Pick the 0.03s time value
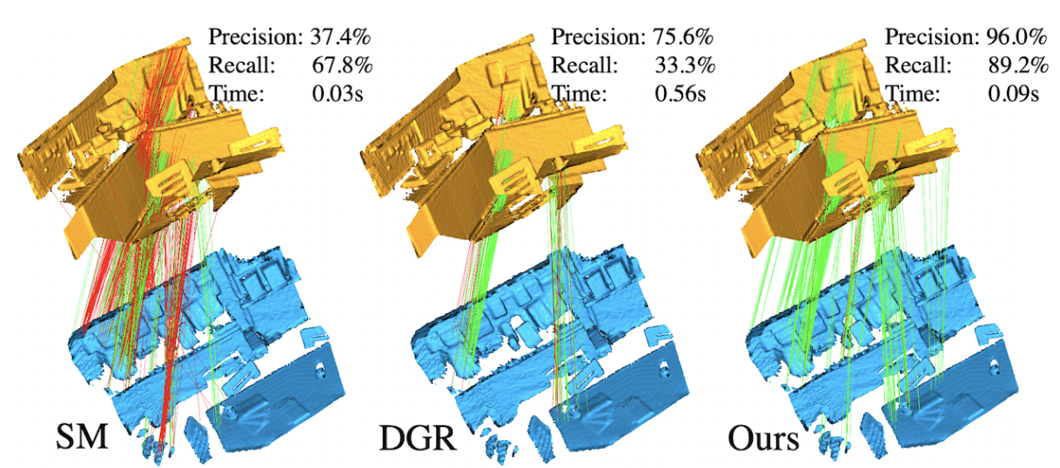pos(337,93)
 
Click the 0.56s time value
pos(680,93)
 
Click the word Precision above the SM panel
pos(256,37)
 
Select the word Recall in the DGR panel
pos(584,65)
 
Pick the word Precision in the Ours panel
pos(930,37)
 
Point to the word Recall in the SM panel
pos(242,65)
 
